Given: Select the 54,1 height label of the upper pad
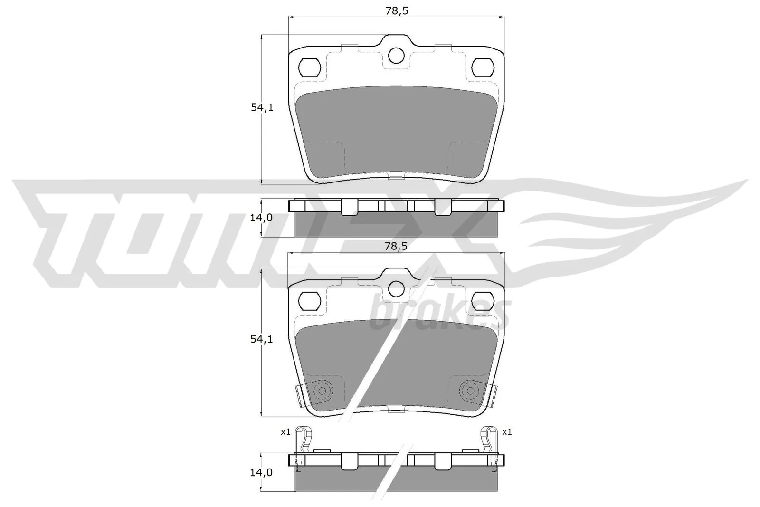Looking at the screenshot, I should coord(262,108).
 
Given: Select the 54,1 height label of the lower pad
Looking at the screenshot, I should coord(262,340).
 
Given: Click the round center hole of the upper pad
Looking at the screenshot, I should coord(396,56).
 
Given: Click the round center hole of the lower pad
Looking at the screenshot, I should coord(396,288).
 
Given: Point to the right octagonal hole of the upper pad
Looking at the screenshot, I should coord(483,67).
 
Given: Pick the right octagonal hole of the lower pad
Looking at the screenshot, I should coord(483,299).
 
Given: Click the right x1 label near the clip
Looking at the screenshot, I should coord(507,432).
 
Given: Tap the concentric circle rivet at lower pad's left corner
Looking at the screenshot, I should coord(322,391).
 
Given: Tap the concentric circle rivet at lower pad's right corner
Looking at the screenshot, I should coord(470,391).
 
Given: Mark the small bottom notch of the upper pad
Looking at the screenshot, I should coord(396,178).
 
